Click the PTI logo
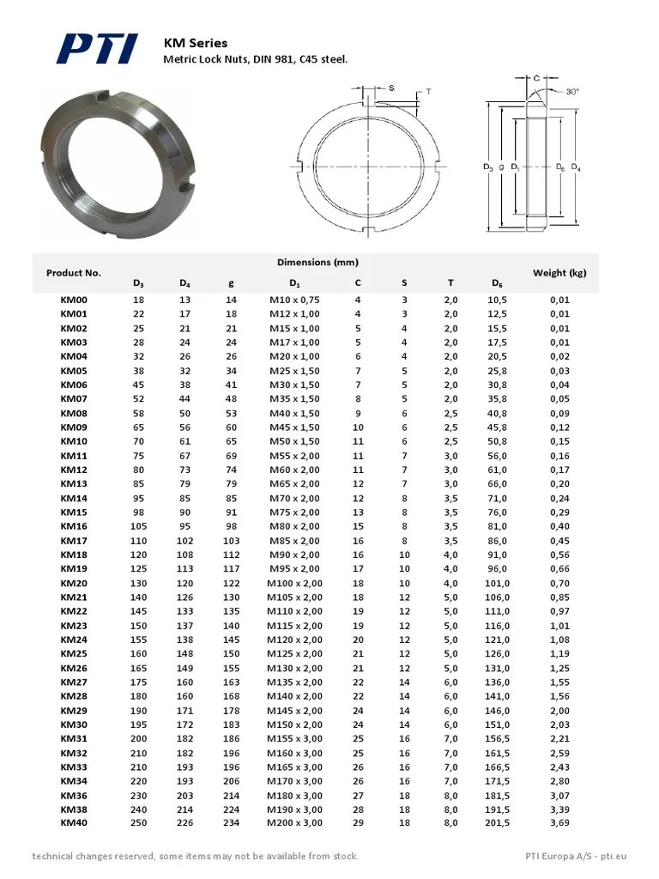click(96, 49)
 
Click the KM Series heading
click(196, 43)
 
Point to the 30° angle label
click(571, 91)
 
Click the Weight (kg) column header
click(559, 273)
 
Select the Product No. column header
click(74, 273)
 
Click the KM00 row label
click(74, 300)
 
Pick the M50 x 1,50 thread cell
click(294, 441)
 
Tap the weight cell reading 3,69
click(559, 823)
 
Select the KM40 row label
click(74, 823)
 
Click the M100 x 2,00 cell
click(294, 583)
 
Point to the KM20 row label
click(74, 583)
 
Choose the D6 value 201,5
click(499, 823)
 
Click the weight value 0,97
click(559, 611)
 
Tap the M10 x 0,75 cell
click(294, 300)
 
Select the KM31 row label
click(74, 738)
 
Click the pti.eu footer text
click(614, 856)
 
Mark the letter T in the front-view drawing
click(427, 92)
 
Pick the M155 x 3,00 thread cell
click(294, 738)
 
